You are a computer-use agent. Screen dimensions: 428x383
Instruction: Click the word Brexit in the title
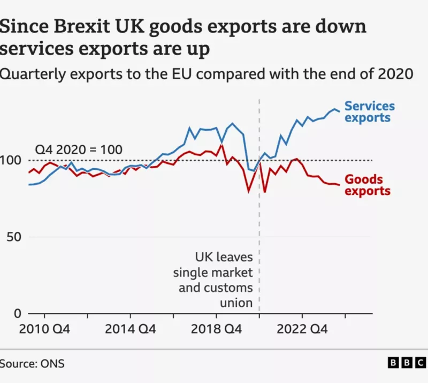pyautogui.click(x=82, y=26)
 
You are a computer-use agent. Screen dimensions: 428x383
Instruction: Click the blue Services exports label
pyautogui.click(x=370, y=111)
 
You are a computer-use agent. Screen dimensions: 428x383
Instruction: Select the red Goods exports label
pyautogui.click(x=368, y=185)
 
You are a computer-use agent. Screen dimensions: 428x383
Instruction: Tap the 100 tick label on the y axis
pyautogui.click(x=10, y=160)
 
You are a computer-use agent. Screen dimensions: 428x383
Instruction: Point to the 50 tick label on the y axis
pyautogui.click(x=14, y=237)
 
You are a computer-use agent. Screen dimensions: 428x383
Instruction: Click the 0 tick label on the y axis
pyautogui.click(x=18, y=313)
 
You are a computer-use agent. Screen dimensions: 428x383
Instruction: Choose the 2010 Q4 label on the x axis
pyautogui.click(x=44, y=329)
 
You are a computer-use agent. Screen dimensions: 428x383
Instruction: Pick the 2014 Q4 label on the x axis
pyautogui.click(x=130, y=329)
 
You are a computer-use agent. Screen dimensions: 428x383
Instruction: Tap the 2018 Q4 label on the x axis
pyautogui.click(x=216, y=329)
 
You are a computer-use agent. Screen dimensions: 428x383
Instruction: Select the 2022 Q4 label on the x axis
pyautogui.click(x=302, y=329)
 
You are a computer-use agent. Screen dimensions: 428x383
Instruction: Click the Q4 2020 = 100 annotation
pyautogui.click(x=79, y=149)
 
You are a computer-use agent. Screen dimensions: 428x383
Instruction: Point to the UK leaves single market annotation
pyautogui.click(x=213, y=280)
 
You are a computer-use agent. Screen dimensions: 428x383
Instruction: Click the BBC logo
pyautogui.click(x=407, y=363)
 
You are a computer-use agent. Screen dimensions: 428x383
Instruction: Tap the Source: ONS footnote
pyautogui.click(x=32, y=364)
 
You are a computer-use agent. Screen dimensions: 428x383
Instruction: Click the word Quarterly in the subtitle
pyautogui.click(x=33, y=74)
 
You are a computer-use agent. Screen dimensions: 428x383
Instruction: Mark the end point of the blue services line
pyautogui.click(x=339, y=111)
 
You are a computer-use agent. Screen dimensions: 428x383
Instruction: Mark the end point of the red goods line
pyautogui.click(x=339, y=185)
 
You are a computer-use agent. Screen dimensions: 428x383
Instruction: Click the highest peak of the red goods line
pyautogui.click(x=221, y=145)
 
